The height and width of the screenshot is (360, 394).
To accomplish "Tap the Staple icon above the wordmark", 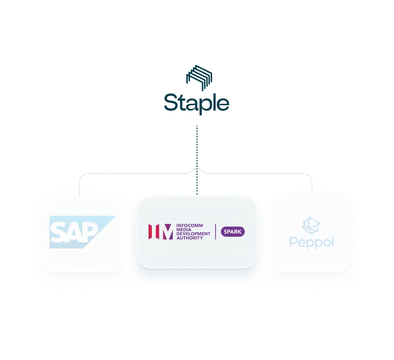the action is pyautogui.click(x=199, y=78).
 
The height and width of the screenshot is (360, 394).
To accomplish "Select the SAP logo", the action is pyautogui.click(x=82, y=232).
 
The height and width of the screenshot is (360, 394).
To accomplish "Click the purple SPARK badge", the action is pyautogui.click(x=233, y=231).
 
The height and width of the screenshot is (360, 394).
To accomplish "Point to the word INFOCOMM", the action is pyautogui.click(x=190, y=225).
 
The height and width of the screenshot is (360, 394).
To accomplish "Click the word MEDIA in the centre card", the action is pyautogui.click(x=184, y=229).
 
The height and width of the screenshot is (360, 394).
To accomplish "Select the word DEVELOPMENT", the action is pyautogui.click(x=193, y=233).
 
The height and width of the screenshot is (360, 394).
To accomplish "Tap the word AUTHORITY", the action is pyautogui.click(x=190, y=238).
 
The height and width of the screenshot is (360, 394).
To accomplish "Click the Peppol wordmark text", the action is pyautogui.click(x=312, y=242).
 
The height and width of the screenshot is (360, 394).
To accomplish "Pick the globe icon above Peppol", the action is pyautogui.click(x=311, y=225).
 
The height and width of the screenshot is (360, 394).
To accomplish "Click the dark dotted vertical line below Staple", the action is pyautogui.click(x=197, y=160).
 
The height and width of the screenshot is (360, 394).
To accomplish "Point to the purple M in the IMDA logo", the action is pyautogui.click(x=168, y=231).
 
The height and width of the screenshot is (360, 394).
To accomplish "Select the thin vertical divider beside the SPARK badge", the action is pyautogui.click(x=215, y=231).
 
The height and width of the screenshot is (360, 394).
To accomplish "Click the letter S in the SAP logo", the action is pyautogui.click(x=57, y=232).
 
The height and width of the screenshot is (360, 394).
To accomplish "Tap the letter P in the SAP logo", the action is pyautogui.click(x=89, y=232).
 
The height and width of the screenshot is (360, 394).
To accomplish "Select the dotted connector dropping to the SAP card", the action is pyautogui.click(x=79, y=184).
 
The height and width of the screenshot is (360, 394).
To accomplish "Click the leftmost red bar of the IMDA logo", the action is pyautogui.click(x=150, y=231).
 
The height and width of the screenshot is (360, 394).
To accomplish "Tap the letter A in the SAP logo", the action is pyautogui.click(x=73, y=232).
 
